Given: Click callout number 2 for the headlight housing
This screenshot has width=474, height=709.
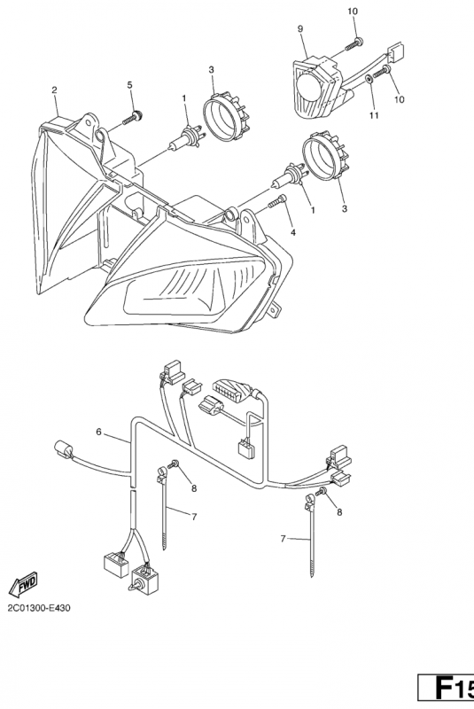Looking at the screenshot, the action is click(x=55, y=90).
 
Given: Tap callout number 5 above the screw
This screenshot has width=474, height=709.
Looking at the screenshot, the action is click(x=130, y=84).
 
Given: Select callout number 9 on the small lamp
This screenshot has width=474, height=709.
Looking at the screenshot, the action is click(x=300, y=29).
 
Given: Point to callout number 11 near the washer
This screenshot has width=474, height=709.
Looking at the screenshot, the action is click(x=373, y=115).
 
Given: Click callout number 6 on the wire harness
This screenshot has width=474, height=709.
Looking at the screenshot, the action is click(x=99, y=432).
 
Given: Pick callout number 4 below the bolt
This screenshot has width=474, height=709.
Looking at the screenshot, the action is click(x=293, y=232).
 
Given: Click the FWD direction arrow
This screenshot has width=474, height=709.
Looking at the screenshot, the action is click(x=23, y=586).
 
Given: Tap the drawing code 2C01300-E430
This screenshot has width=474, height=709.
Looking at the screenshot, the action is click(x=39, y=608).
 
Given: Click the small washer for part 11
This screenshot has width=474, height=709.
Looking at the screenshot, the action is click(x=369, y=79).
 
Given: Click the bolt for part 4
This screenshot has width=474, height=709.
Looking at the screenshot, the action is click(x=277, y=201).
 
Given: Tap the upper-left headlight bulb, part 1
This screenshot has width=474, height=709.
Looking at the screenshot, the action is click(x=186, y=139).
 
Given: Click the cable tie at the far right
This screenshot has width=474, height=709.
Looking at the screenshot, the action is click(x=310, y=534).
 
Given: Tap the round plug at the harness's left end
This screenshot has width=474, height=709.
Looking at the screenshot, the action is click(x=63, y=450).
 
